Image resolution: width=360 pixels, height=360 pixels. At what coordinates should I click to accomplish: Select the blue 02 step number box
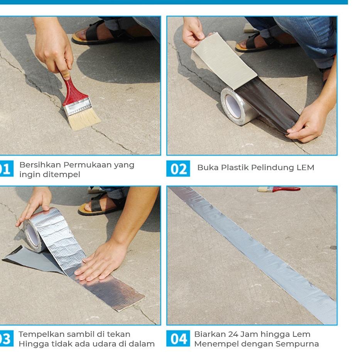(178, 169)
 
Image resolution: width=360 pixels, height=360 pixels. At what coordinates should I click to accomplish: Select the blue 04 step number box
(178, 338)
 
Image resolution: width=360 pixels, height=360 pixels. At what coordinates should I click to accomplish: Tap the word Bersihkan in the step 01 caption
(40, 165)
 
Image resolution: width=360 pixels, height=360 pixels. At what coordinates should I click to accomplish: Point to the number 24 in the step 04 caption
(233, 334)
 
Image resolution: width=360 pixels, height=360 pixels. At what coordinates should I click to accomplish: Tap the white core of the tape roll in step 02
(233, 106)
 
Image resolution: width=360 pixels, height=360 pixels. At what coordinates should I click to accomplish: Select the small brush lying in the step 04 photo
(279, 189)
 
